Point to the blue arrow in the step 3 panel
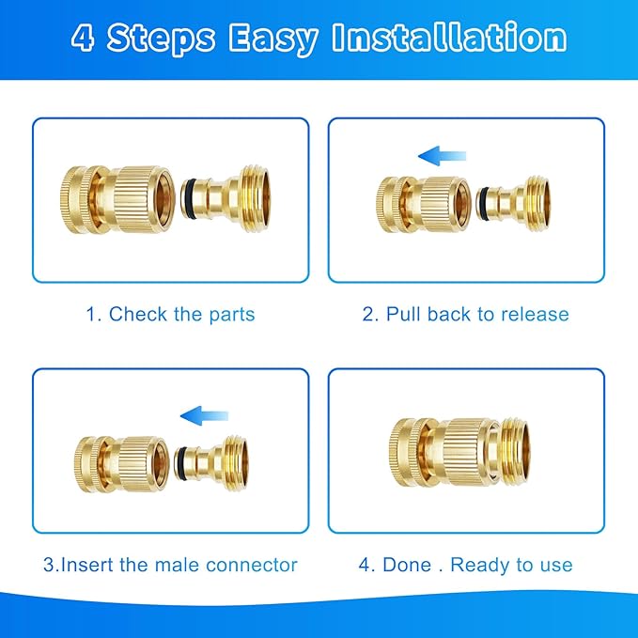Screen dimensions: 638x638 pos(205,412)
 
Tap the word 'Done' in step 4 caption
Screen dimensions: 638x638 pos(409,565)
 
